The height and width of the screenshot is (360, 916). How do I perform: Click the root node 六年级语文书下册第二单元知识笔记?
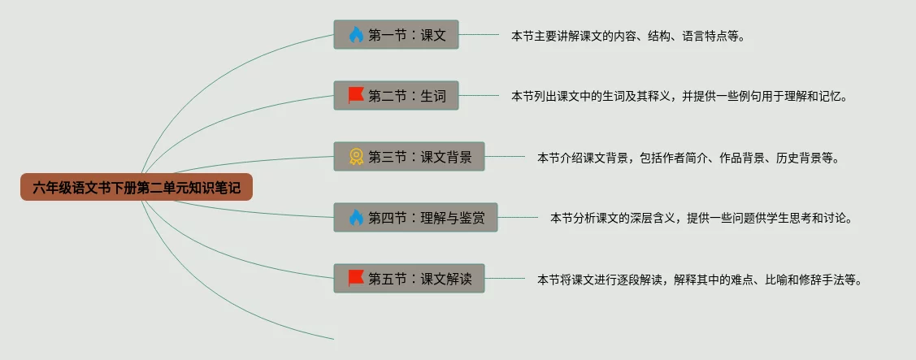(137, 188)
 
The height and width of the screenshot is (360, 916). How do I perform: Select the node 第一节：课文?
(396, 35)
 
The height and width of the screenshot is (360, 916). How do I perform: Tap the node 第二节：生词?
(396, 96)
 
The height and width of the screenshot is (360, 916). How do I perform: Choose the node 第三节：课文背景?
(409, 157)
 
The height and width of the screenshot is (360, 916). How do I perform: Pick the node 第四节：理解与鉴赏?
(415, 218)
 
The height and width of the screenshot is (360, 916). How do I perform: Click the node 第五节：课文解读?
(409, 279)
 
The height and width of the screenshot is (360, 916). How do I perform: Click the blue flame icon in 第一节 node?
(356, 35)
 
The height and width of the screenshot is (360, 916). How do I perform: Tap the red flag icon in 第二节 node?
(356, 96)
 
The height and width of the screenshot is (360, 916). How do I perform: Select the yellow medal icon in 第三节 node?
(356, 157)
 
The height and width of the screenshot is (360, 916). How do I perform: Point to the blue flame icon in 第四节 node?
(356, 218)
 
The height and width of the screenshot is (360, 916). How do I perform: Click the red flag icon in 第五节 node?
(356, 279)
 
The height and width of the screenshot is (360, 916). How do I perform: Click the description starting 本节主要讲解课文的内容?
(627, 36)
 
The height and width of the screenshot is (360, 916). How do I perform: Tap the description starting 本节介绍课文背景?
(688, 158)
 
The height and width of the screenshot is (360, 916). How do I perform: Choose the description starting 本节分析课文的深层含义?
(701, 219)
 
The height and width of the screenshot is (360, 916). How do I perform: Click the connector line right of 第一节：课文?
(479, 35)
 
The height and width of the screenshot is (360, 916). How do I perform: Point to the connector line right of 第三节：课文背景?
(505, 157)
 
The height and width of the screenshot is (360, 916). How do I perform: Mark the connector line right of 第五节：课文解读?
(505, 279)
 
